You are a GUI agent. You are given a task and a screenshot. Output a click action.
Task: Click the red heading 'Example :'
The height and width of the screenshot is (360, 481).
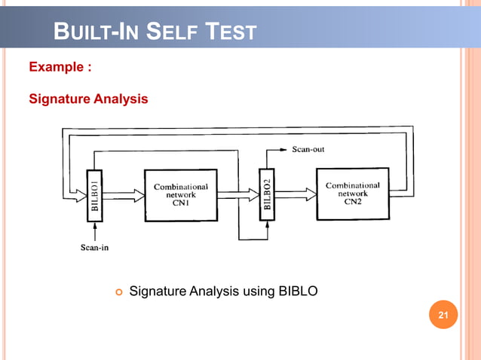pos(60,67)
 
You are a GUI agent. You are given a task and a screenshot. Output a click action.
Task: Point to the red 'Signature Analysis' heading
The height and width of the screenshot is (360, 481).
pos(88,99)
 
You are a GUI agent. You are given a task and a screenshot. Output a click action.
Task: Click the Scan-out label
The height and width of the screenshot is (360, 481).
pos(308,149)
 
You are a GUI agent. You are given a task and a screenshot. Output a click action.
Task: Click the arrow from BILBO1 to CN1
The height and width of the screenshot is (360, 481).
pos(123,195)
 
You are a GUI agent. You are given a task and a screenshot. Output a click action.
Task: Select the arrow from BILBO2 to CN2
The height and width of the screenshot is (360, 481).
pos(295,195)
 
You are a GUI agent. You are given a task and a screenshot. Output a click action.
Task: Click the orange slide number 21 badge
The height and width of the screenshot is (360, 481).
pos(443,314)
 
